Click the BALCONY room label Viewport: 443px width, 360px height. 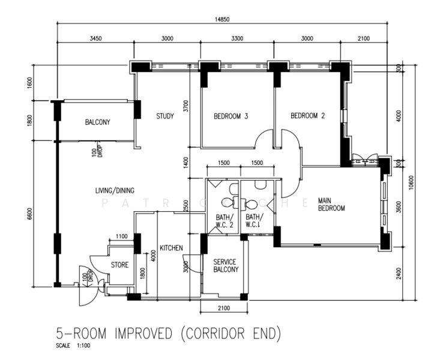pos(97,122)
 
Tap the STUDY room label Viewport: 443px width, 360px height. pos(164,116)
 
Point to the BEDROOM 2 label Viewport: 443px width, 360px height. pos(307,116)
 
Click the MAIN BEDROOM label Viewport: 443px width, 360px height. pos(331,205)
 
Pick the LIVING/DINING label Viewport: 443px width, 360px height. pos(114,191)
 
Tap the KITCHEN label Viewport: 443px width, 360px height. pos(171,248)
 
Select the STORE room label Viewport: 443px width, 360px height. pos(119,264)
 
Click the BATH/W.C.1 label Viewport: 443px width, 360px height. pos(254,221)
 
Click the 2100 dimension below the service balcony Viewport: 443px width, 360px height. pos(225,308)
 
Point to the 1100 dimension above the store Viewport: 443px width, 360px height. pos(121,236)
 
